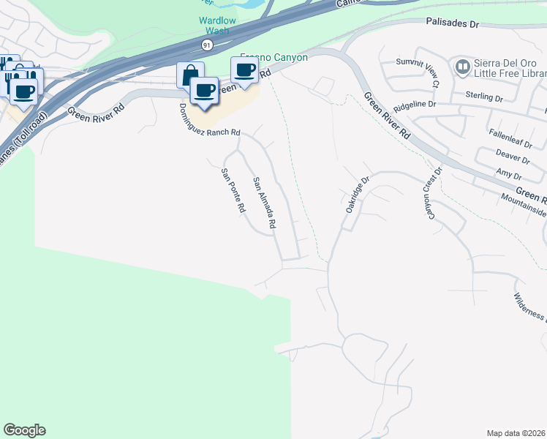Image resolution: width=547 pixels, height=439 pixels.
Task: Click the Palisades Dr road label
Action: [x=453, y=23]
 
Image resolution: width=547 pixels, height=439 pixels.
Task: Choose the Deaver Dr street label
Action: [x=512, y=157]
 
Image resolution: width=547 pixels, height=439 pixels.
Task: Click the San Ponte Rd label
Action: [x=233, y=190]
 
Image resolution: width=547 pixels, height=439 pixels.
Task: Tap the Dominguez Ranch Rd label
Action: [x=209, y=120]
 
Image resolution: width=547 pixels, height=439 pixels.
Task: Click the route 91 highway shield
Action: [x=207, y=45]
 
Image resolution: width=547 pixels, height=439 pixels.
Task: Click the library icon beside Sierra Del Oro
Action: [x=462, y=67]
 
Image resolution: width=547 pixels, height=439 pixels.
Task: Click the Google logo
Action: [x=24, y=430]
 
